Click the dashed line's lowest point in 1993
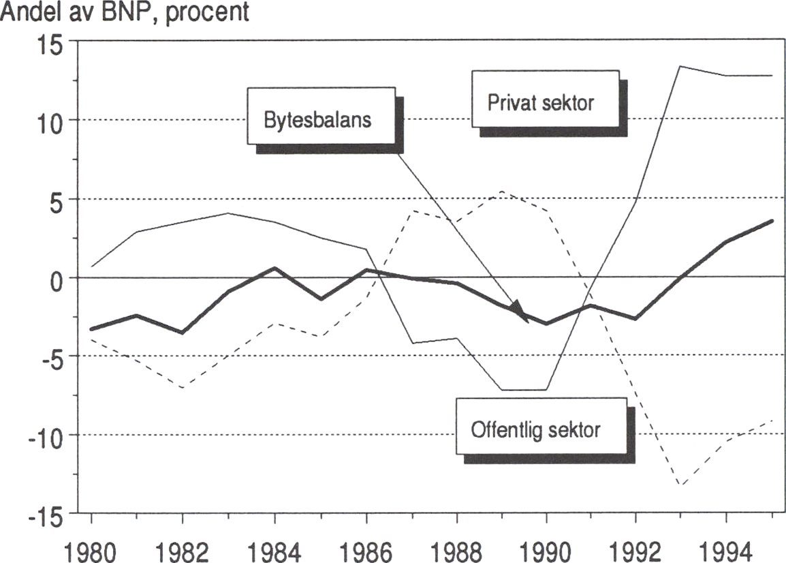click(681, 485)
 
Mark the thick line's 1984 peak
click(274, 268)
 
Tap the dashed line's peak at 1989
click(501, 192)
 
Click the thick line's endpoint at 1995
click(772, 221)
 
